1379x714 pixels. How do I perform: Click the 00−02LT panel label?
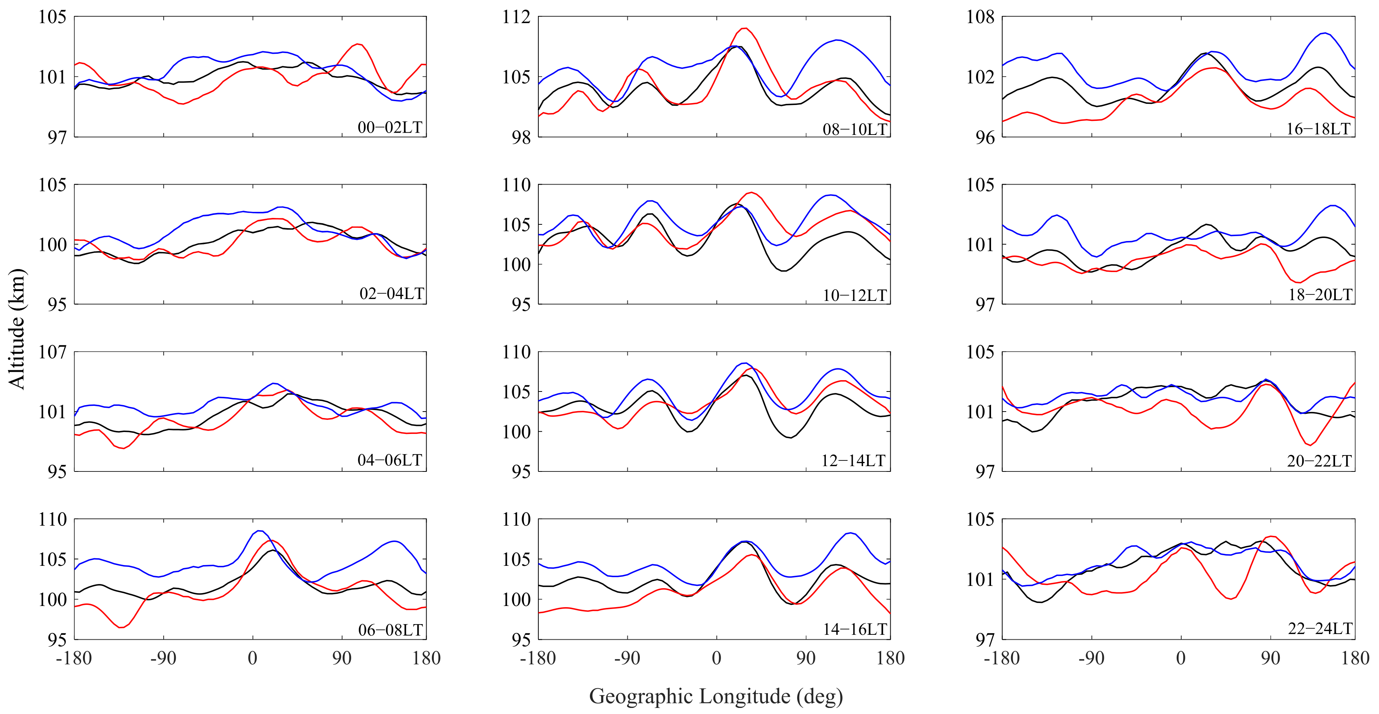390,127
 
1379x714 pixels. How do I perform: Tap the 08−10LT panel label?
854,129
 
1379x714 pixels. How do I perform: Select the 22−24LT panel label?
1320,628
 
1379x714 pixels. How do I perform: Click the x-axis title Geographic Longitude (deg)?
716,696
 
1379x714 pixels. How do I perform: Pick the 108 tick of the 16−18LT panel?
980,17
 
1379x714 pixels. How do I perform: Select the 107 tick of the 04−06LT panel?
52,352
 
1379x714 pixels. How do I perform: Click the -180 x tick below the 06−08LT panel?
74,658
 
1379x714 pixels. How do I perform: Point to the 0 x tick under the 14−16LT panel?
716,658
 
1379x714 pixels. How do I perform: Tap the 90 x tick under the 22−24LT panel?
1270,658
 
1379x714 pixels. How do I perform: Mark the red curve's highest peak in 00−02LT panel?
358,44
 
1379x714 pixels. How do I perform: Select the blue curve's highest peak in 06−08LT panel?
260,531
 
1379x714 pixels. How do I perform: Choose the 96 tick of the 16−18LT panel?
984,137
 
